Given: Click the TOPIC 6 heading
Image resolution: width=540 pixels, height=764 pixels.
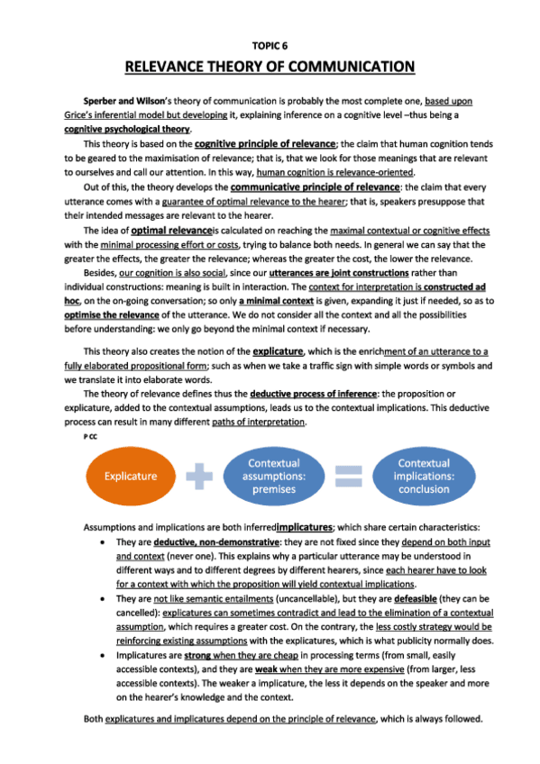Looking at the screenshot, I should [x=270, y=42].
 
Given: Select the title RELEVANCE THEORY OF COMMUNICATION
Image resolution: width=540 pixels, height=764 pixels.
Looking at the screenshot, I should [x=270, y=67].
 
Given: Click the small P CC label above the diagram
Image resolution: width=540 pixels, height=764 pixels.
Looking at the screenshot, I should [x=90, y=435].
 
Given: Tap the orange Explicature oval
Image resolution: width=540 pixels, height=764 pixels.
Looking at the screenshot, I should [x=131, y=476].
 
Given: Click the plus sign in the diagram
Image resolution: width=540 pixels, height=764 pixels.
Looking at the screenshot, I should [x=206, y=476].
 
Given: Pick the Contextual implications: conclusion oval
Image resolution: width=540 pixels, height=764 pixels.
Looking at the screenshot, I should [x=424, y=476].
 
